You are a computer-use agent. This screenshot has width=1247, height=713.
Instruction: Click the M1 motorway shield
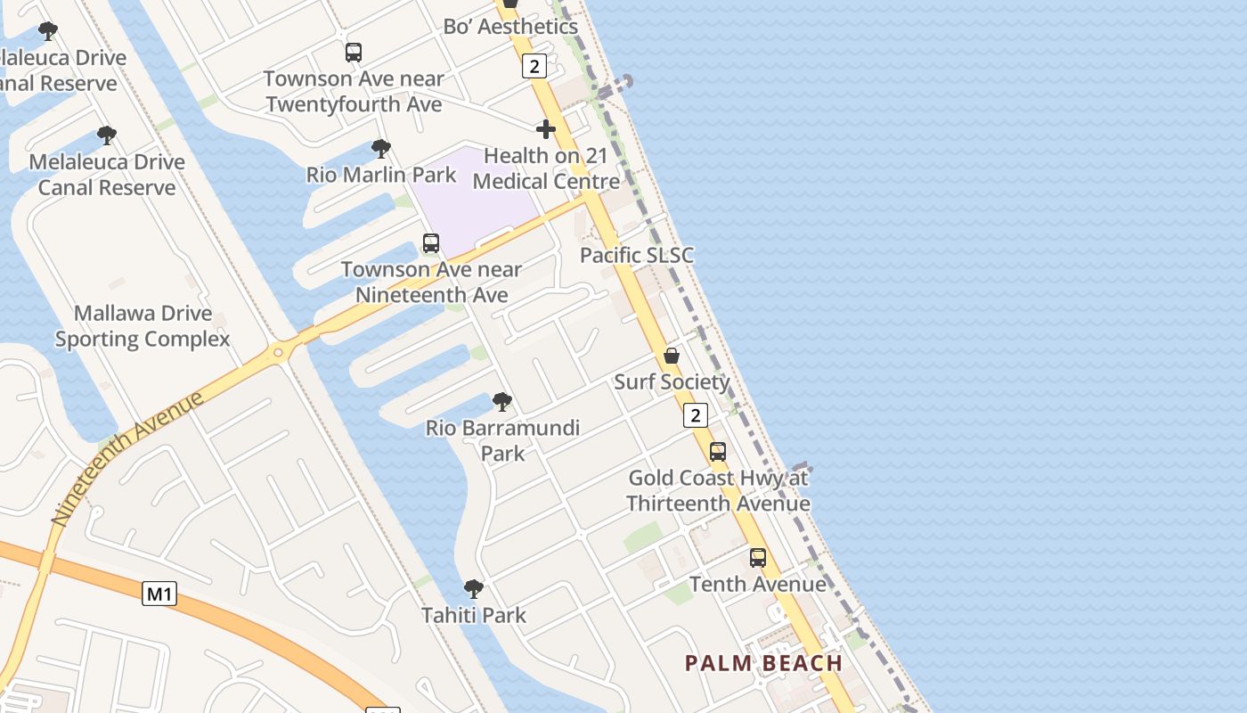coord(159,594)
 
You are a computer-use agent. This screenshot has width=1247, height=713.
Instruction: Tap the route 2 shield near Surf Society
coord(696,414)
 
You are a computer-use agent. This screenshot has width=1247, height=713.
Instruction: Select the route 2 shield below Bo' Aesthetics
coord(534,65)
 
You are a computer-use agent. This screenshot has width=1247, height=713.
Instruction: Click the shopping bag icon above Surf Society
coord(672,356)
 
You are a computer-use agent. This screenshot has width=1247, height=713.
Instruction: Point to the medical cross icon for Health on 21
coord(546,129)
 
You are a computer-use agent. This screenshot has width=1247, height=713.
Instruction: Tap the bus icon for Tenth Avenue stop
coord(758,558)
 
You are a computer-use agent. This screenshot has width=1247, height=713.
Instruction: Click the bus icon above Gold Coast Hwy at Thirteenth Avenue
coord(718,452)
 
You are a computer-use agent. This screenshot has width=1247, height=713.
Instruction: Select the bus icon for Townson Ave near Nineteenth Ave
coord(431,243)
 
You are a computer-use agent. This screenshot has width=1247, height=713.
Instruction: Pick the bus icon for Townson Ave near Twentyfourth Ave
coord(354,53)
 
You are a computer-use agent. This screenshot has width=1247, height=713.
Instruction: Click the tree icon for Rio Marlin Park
coord(381,148)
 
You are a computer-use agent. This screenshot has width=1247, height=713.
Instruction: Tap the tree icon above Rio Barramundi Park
coord(502,402)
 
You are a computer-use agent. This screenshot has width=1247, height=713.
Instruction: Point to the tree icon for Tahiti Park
coord(474,588)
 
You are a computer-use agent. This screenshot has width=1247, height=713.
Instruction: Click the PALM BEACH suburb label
coord(763,663)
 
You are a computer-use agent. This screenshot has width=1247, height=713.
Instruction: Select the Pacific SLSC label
coord(636,256)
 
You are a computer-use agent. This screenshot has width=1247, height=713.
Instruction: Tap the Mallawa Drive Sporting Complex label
coord(143,326)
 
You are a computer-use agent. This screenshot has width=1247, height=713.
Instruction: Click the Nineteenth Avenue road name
coord(126,457)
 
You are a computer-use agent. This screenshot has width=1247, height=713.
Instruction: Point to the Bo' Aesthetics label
coord(510,27)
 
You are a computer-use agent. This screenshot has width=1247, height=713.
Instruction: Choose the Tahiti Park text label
coord(474,615)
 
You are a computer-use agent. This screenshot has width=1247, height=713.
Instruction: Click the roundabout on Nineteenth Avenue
coord(279,353)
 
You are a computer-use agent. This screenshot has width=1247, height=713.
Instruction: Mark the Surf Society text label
coord(672,382)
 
